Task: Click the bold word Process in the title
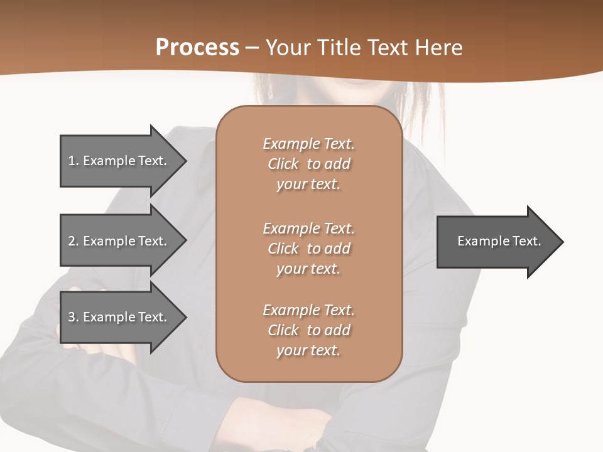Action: pyautogui.click(x=197, y=48)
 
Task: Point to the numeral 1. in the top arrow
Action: pyautogui.click(x=73, y=161)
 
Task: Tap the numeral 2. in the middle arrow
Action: pyautogui.click(x=73, y=241)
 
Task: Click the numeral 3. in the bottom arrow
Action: pyautogui.click(x=73, y=317)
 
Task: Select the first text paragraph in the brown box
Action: pyautogui.click(x=308, y=164)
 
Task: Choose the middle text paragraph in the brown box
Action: pyautogui.click(x=308, y=249)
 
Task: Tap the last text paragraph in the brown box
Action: pyautogui.click(x=308, y=330)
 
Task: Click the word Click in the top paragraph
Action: pyautogui.click(x=283, y=164)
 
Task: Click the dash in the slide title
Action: pyautogui.click(x=253, y=48)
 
